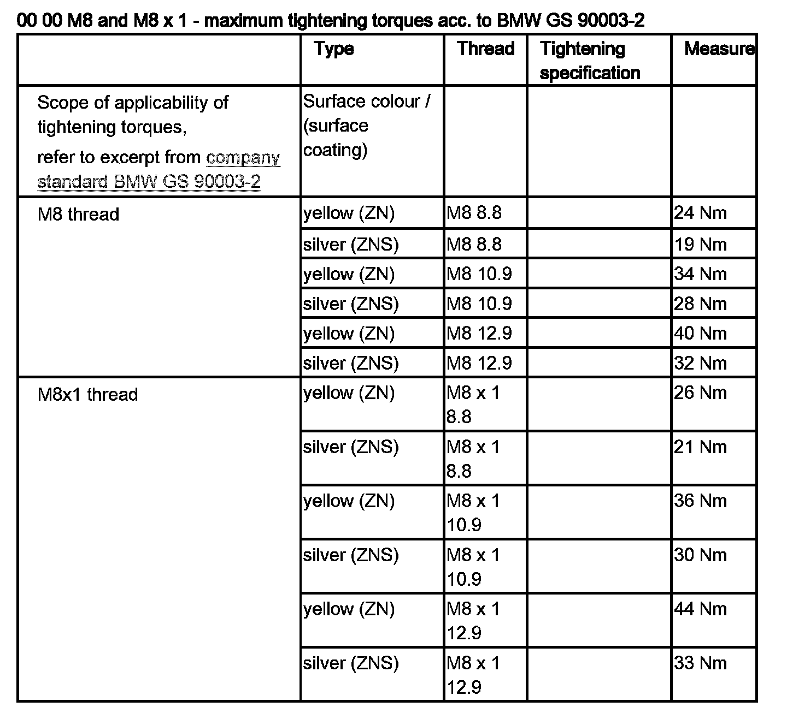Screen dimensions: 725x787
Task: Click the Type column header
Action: click(x=334, y=49)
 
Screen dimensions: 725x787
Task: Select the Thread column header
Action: click(x=486, y=49)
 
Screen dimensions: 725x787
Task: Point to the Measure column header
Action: click(x=719, y=49)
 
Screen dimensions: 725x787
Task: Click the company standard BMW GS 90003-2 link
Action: click(x=158, y=169)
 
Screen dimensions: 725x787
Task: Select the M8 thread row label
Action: click(x=78, y=214)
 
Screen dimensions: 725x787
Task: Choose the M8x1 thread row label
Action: click(x=87, y=394)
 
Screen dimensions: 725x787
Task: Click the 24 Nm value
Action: click(x=700, y=212)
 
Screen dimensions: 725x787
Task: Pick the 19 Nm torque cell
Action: click(x=700, y=244)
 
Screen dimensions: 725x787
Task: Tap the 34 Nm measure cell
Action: click(x=700, y=274)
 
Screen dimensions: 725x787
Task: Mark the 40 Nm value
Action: click(x=700, y=333)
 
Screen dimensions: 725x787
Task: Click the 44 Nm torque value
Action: click(x=700, y=609)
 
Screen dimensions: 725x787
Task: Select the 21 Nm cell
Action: click(x=700, y=447)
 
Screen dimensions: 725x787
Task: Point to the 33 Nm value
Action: click(x=700, y=663)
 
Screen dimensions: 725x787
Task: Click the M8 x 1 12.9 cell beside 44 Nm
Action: click(x=473, y=621)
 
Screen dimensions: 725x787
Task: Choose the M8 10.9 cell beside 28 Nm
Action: click(x=479, y=304)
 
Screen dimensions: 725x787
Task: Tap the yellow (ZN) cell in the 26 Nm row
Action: click(x=349, y=393)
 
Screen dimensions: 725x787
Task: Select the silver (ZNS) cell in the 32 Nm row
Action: click(x=351, y=363)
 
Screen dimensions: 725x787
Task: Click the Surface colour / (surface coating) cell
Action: click(x=366, y=126)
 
